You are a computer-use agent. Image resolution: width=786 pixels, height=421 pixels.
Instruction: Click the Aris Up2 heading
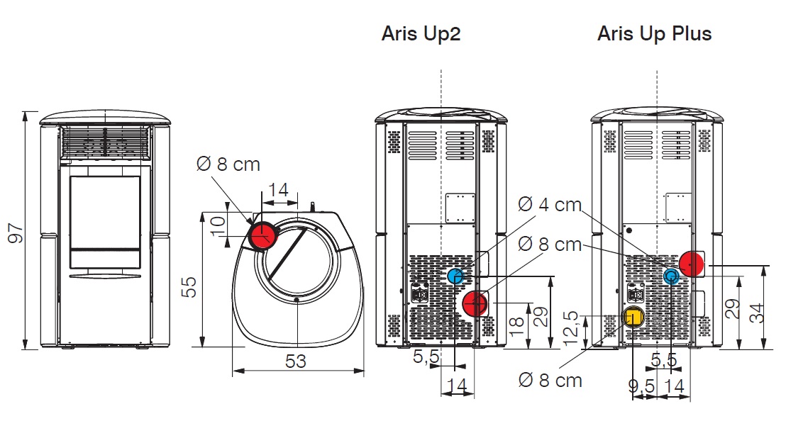pyautogui.click(x=421, y=34)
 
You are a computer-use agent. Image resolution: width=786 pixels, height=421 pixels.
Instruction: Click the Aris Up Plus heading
pyautogui.click(x=654, y=33)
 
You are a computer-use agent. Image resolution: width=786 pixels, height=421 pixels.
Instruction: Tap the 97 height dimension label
pyautogui.click(x=15, y=231)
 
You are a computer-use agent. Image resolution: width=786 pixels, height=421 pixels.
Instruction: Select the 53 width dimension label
pyautogui.click(x=296, y=361)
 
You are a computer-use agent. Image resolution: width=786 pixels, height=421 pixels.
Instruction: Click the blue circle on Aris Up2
pyautogui.click(x=455, y=276)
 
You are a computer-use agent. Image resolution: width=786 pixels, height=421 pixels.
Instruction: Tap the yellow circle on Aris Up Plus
pyautogui.click(x=633, y=317)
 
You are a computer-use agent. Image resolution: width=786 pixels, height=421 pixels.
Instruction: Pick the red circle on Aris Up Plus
pyautogui.click(x=692, y=264)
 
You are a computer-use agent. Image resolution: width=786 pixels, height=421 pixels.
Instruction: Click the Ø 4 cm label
pyautogui.click(x=550, y=205)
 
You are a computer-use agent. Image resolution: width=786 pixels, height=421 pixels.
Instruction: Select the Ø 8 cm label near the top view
pyautogui.click(x=228, y=164)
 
